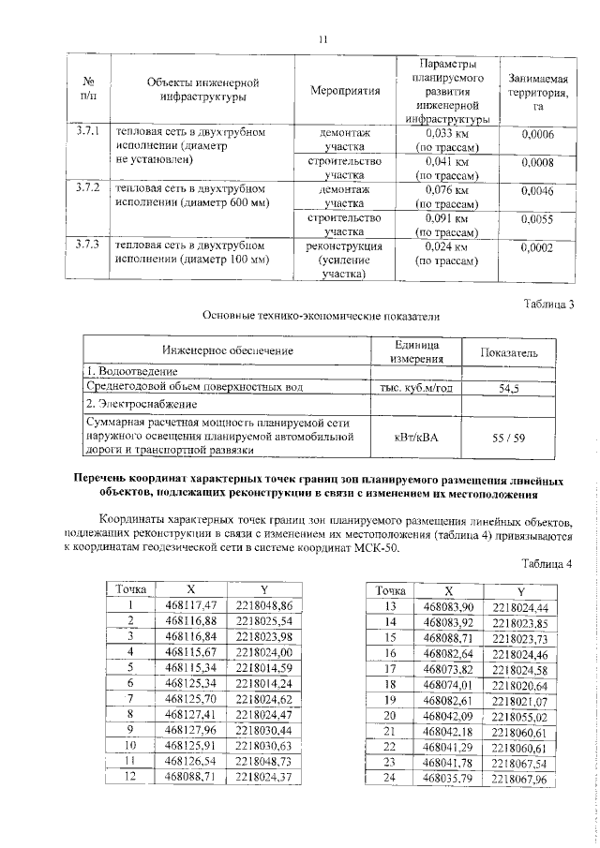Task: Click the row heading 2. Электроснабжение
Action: point(142,405)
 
